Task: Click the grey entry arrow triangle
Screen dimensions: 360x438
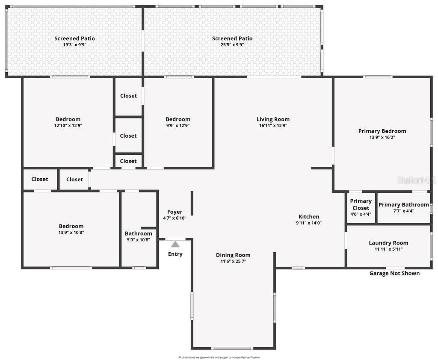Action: click(175, 244)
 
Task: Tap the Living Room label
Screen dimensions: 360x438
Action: click(273, 119)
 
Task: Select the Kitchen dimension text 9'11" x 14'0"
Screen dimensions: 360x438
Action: click(308, 223)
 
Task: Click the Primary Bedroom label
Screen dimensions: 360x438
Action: click(382, 131)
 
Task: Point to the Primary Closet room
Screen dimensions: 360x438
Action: click(361, 207)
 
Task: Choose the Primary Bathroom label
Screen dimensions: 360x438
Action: click(403, 205)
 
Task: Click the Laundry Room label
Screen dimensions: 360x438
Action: click(388, 243)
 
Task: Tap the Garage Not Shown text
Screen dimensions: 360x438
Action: click(394, 273)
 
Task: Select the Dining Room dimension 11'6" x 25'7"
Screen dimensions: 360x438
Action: click(233, 261)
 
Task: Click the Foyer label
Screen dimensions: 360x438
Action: click(175, 212)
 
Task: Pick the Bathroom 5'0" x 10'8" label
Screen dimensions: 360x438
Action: click(138, 236)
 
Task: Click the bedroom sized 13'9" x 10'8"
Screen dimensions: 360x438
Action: click(71, 229)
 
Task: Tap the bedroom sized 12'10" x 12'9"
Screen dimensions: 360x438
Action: click(68, 122)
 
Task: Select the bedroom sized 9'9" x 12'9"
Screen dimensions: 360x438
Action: click(178, 122)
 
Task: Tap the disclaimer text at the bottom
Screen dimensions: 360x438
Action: click(219, 357)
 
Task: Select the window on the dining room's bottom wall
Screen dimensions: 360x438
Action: click(226, 348)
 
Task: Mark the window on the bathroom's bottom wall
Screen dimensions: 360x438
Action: click(139, 268)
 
